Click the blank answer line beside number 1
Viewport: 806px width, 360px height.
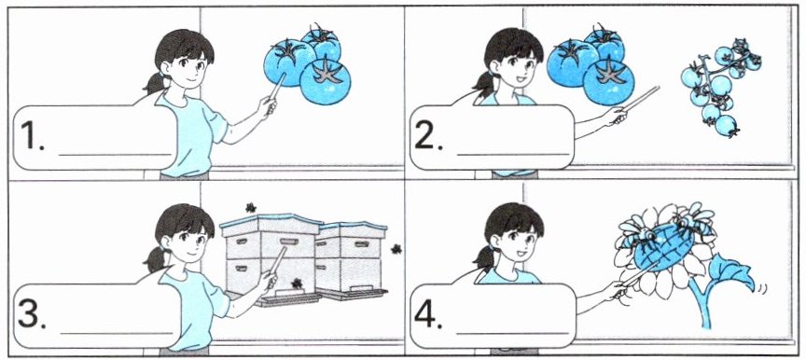115,154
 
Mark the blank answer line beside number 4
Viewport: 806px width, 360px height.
512,333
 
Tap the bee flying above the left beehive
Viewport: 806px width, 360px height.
250,207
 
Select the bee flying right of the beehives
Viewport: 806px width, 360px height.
396,249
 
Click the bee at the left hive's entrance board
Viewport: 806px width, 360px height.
297,283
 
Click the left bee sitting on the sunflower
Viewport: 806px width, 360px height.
637,234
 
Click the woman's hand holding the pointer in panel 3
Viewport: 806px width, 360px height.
268,280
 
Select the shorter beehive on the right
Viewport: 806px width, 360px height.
351,260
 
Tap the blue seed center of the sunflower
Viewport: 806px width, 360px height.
663,246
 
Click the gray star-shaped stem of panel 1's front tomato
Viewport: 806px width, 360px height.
327,72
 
